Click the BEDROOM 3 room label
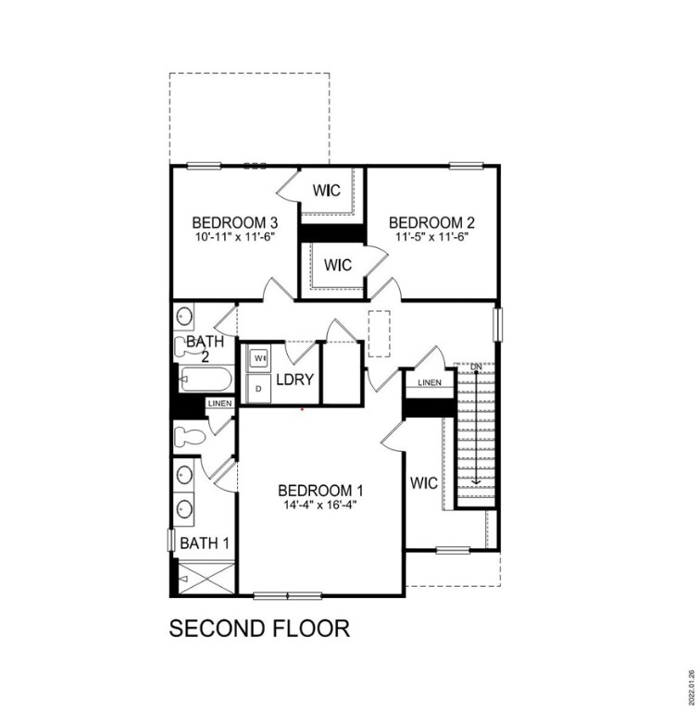(x=235, y=222)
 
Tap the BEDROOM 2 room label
(x=431, y=222)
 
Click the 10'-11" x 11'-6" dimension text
(x=235, y=237)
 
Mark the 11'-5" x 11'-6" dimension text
(x=431, y=237)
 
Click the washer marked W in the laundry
(x=259, y=357)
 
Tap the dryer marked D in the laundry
(x=258, y=389)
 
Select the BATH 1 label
(x=205, y=543)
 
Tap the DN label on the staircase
(x=476, y=368)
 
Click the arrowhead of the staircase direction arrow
(x=476, y=481)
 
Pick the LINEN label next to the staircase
(x=429, y=382)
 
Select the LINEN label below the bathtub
(x=218, y=404)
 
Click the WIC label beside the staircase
(x=424, y=482)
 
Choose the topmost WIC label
(x=326, y=191)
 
